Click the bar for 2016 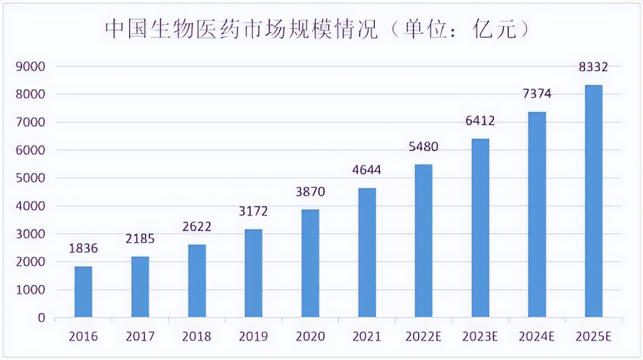83,291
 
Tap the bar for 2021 367,252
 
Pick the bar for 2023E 480,227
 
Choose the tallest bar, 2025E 594,201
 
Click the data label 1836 83,249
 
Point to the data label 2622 197,226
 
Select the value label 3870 310,191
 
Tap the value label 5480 424,146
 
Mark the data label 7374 537,94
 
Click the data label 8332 594,67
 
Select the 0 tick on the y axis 41,318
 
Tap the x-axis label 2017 140,337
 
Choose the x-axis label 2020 310,337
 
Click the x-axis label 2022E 424,337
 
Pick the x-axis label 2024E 537,337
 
